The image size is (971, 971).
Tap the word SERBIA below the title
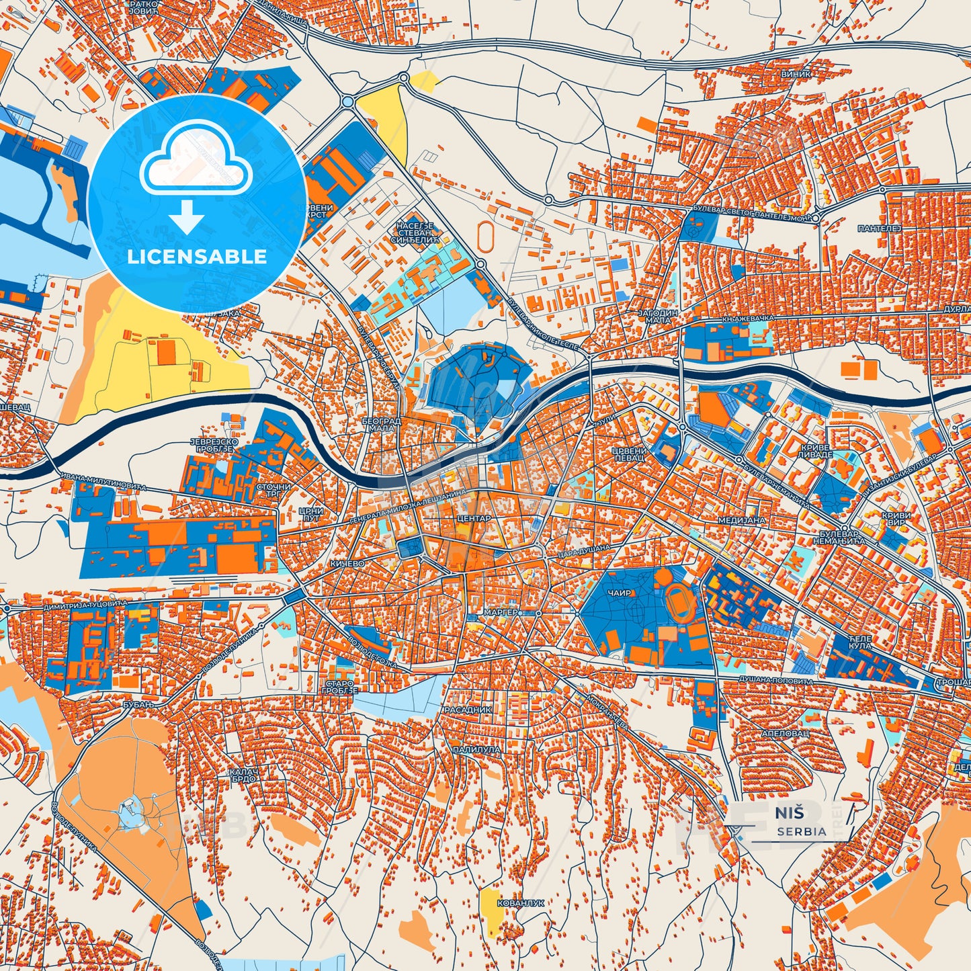802,831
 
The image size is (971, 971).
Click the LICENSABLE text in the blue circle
197,257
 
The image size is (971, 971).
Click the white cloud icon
196,159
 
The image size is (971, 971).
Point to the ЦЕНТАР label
474,519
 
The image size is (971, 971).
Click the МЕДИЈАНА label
742,520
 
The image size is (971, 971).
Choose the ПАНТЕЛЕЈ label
878,229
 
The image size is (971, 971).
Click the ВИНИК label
796,74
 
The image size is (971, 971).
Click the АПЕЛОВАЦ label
786,734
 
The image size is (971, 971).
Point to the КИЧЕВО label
347,563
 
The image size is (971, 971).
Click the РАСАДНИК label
468,710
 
